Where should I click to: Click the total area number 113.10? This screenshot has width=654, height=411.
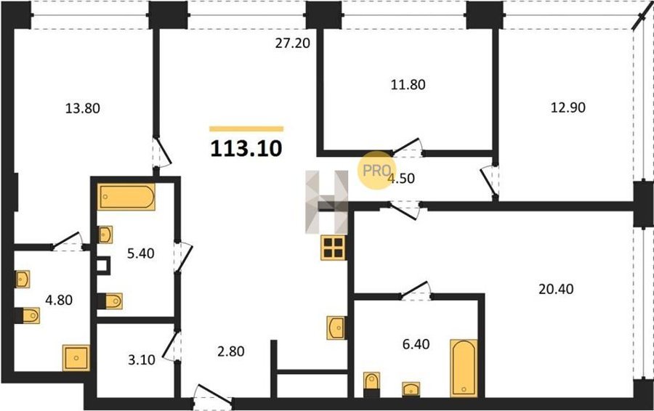coord(246,148)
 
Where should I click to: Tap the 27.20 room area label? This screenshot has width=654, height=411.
coord(292,43)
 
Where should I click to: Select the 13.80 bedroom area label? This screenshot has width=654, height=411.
coord(83,108)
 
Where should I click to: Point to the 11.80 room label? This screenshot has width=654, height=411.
coord(408,85)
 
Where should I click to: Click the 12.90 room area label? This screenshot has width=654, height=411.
coord(568,107)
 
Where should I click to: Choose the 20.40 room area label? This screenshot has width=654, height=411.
coord(556,288)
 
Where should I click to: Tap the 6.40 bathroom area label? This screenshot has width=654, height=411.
coord(416,344)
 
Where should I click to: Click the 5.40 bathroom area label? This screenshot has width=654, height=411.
coord(140,253)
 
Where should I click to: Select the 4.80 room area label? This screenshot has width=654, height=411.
coord(59,300)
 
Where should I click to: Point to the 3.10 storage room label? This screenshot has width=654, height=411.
coord(142,359)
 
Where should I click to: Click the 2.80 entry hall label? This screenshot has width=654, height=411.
coord(231,351)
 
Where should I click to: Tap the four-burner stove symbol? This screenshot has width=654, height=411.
coord(333,248)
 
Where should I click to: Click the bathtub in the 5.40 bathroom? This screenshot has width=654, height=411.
coord(126,197)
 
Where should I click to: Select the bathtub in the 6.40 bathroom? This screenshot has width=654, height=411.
coord(464,368)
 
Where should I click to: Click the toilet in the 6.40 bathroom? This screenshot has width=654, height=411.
coord(371,384)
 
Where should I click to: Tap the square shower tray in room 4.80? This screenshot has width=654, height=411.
coord(76,358)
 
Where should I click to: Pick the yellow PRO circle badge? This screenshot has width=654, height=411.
coord(376,170)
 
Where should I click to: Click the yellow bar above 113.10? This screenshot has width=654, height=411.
coord(246,129)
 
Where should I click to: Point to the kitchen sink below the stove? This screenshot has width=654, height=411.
coord(336,327)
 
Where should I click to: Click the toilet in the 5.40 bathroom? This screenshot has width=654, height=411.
coord(110,301)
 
